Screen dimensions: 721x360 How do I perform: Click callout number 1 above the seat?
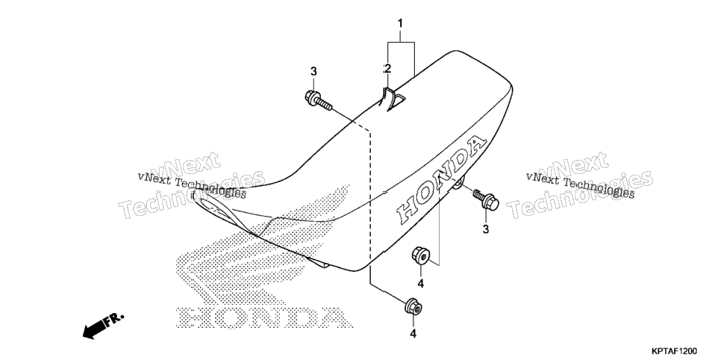[400, 22]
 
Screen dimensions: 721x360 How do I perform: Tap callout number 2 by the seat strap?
[387, 69]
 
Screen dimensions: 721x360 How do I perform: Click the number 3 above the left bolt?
[313, 72]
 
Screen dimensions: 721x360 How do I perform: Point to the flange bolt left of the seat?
[318, 101]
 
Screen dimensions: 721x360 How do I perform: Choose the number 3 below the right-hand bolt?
[486, 229]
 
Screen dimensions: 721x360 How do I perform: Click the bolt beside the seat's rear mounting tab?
[486, 200]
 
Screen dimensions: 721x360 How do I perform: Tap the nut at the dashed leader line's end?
[413, 307]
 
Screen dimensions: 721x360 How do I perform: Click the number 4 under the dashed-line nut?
[413, 334]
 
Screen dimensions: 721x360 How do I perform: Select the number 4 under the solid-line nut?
[420, 284]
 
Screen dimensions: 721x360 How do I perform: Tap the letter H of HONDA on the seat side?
[411, 212]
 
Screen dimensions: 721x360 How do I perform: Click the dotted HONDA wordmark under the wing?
[264, 317]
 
